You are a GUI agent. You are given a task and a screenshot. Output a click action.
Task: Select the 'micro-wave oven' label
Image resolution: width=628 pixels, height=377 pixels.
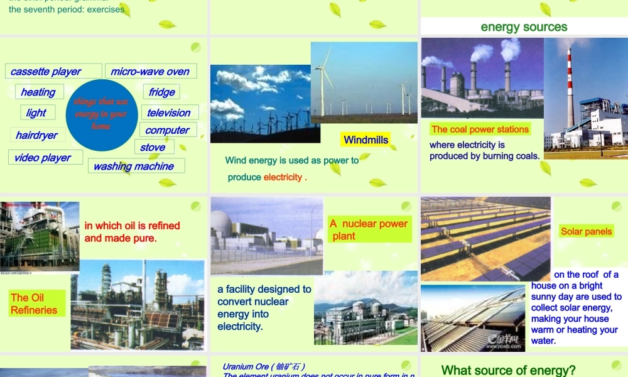coord(151,71)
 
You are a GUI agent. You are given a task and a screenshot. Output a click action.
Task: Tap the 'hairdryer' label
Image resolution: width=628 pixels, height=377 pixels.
coord(36,135)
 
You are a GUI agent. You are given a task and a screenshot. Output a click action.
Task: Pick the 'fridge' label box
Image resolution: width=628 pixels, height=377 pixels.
coord(161,92)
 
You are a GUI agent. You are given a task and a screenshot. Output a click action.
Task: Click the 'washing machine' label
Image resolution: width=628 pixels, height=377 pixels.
coord(134,166)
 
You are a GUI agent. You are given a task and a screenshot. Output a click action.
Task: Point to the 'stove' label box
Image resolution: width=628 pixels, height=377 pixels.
coord(153,147)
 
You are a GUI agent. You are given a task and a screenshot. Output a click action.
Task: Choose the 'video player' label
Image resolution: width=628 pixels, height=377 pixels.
coord(43,157)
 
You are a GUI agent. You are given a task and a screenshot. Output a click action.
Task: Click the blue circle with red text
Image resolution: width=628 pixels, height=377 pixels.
coord(100,115)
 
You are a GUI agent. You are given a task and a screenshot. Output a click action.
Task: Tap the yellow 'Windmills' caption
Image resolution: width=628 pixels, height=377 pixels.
coord(366,139)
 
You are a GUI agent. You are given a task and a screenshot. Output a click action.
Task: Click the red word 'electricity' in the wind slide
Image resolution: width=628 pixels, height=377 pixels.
coord(283,177)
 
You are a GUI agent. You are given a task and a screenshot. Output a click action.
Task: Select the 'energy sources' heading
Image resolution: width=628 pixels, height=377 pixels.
coord(524,26)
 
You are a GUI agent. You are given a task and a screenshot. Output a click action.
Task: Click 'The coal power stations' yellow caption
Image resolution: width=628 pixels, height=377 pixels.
coord(480,129)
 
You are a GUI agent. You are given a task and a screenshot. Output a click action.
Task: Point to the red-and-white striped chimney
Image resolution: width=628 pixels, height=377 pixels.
coord(570,88)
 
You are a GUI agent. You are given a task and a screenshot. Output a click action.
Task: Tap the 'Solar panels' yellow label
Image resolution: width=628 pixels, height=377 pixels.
coord(587,231)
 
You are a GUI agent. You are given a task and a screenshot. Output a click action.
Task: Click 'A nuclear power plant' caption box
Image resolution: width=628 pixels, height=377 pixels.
coord(369,229)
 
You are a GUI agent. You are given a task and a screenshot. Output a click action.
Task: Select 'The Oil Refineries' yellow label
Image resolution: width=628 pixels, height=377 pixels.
coord(35,303)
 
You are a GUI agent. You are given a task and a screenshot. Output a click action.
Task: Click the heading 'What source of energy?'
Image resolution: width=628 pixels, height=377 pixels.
coord(508,370)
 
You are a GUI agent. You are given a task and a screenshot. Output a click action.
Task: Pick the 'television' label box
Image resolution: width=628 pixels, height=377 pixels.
coord(169,112)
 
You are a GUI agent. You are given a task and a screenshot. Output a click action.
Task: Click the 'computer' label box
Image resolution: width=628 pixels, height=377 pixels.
coord(167,130)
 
